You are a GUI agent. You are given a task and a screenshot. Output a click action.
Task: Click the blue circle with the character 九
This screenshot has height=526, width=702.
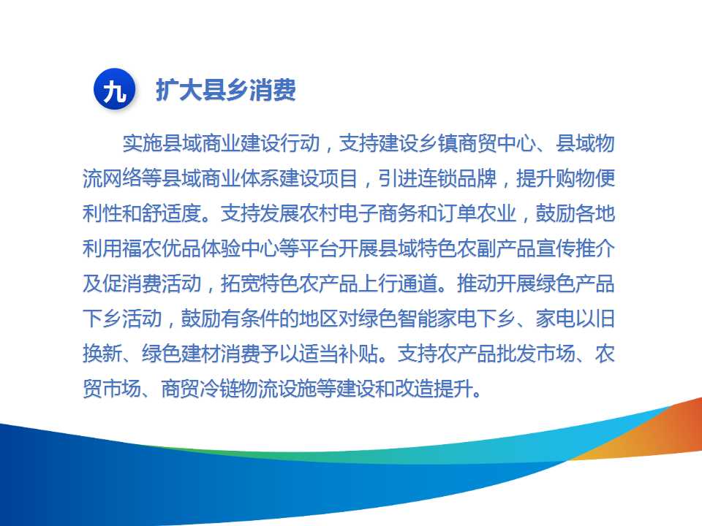coord(114,89)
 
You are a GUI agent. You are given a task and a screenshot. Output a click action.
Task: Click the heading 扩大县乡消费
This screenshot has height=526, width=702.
coord(226,90)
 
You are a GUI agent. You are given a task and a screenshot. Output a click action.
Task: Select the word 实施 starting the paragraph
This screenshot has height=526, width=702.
coord(143,143)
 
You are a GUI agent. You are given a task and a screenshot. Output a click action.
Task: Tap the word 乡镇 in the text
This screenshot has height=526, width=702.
coord(438,143)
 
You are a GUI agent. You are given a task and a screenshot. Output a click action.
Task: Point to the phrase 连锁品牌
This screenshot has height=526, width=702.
coord(458,178)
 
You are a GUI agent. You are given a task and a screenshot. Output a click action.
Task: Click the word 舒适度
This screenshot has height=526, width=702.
coord(171,213)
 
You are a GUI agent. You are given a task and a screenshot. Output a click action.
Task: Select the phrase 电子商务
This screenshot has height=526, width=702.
coord(378,213)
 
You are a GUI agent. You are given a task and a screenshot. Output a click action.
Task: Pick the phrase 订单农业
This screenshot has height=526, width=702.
coord(477,213)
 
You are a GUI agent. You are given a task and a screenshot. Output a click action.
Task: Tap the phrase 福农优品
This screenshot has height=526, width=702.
coord(162,248)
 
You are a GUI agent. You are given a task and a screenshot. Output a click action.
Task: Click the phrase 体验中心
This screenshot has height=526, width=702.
coord(241,248)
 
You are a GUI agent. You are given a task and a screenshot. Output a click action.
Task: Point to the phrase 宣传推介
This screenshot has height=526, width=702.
coord(575,248)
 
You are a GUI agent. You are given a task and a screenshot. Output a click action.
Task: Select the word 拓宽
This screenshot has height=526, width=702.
coord(241,283)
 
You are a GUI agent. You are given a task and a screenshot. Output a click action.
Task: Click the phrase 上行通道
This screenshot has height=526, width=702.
coord(398,283)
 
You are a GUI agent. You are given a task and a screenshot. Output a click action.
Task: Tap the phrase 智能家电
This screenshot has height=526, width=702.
coord(437,319)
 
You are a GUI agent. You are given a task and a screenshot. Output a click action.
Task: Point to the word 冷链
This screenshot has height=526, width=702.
coord(221,388)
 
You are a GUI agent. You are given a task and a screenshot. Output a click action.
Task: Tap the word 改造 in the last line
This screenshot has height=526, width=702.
coord(418,388)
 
